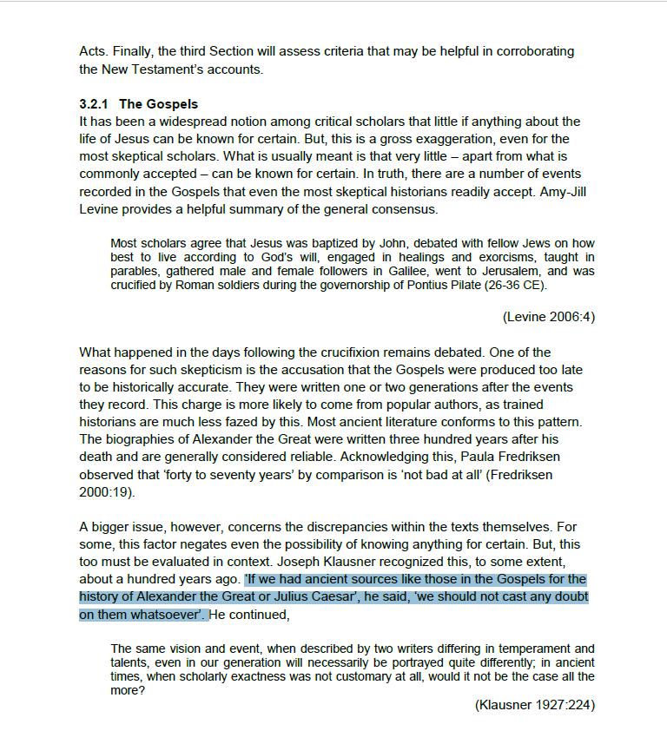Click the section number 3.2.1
[x=94, y=105]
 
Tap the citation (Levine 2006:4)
[x=548, y=317]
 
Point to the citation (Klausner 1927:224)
[x=534, y=704]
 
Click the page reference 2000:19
[x=106, y=492]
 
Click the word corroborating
[x=531, y=51]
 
